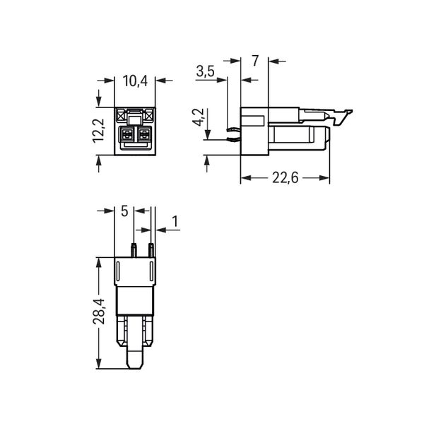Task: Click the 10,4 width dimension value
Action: [x=135, y=81]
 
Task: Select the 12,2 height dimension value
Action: [x=98, y=131]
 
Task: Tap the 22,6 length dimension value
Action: [x=285, y=178]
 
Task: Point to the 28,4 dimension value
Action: [x=98, y=311]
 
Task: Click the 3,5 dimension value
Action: [x=205, y=71]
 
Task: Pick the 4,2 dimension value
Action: [x=198, y=117]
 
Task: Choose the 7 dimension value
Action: [x=255, y=61]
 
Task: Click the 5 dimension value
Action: [x=124, y=211]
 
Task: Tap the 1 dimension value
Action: [x=175, y=221]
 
